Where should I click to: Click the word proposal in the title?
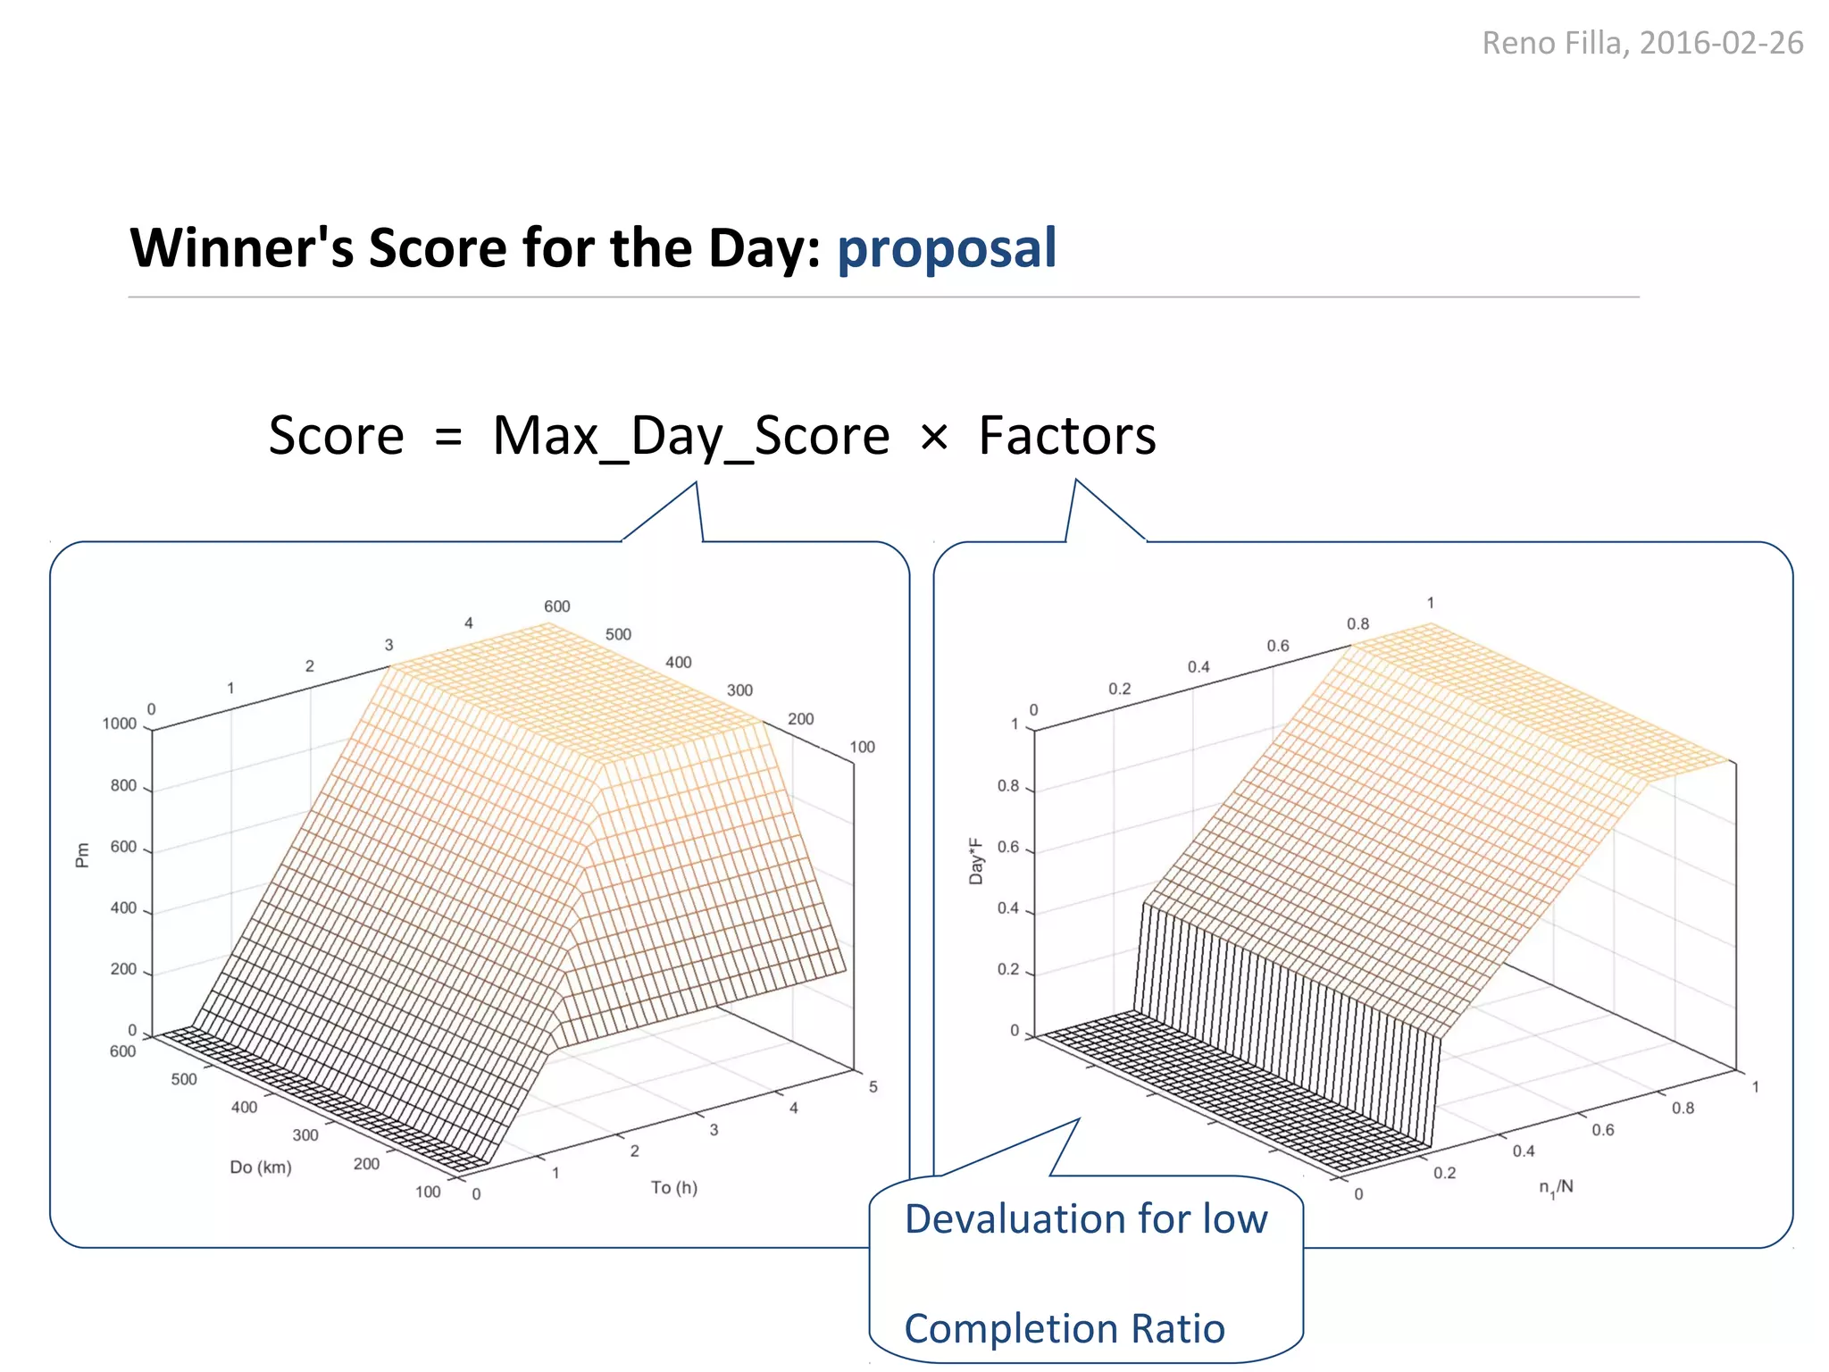[x=947, y=249]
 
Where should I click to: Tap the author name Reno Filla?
[x=1553, y=43]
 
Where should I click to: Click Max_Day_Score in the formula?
[x=691, y=437]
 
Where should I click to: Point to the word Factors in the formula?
[x=1067, y=436]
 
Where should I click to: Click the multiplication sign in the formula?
[x=934, y=438]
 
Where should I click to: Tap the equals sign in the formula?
[x=448, y=438]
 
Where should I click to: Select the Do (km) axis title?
[x=261, y=1167]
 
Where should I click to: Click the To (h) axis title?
[x=674, y=1187]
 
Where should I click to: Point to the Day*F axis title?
[x=976, y=861]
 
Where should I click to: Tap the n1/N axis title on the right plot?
[x=1556, y=1188]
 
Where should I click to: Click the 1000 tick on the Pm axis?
[x=120, y=724]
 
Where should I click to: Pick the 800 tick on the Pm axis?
[x=123, y=786]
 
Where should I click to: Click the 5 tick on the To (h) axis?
[x=873, y=1087]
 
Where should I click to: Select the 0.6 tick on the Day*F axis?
[x=1008, y=847]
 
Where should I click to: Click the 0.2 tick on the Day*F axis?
[x=1008, y=969]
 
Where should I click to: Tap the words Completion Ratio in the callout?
[x=1065, y=1328]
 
